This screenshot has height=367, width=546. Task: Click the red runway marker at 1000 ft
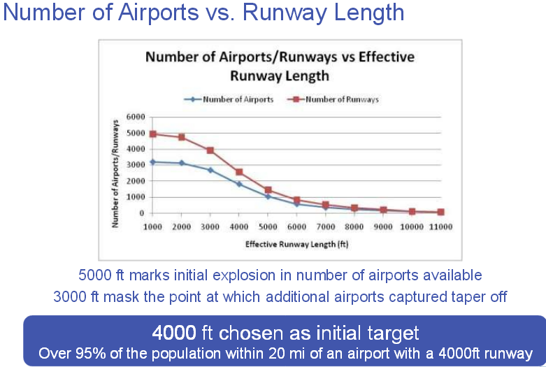click(152, 134)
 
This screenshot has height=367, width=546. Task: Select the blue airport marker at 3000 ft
click(210, 170)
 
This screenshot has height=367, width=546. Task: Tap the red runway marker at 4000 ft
click(239, 172)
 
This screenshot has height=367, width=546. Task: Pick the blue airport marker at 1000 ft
click(152, 162)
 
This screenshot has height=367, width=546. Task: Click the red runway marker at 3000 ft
click(210, 150)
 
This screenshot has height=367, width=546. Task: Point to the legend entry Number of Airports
click(229, 99)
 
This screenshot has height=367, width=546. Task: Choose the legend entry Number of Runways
click(333, 99)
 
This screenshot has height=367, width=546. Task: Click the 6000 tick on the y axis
click(136, 117)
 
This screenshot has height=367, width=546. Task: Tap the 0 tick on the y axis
click(142, 213)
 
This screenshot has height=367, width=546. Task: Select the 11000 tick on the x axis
click(441, 227)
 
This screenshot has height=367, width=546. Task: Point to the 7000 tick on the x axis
click(326, 227)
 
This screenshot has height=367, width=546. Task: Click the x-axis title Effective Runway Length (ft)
click(296, 244)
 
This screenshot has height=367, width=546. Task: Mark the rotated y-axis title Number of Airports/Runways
click(115, 173)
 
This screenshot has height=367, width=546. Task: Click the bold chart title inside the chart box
click(280, 66)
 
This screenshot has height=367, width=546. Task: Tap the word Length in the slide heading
click(368, 13)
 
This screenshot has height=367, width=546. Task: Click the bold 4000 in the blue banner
click(174, 333)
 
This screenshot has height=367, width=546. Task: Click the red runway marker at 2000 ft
click(182, 137)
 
